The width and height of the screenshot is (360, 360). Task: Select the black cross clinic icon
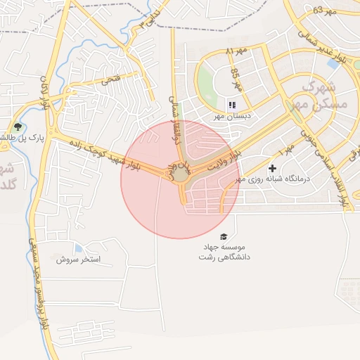pyautogui.click(x=272, y=169)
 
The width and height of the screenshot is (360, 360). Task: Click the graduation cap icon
pyautogui.click(x=224, y=237)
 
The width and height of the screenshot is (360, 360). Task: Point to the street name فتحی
pyautogui.click(x=111, y=79)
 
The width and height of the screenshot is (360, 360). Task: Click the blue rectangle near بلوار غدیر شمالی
pyautogui.click(x=333, y=64)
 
